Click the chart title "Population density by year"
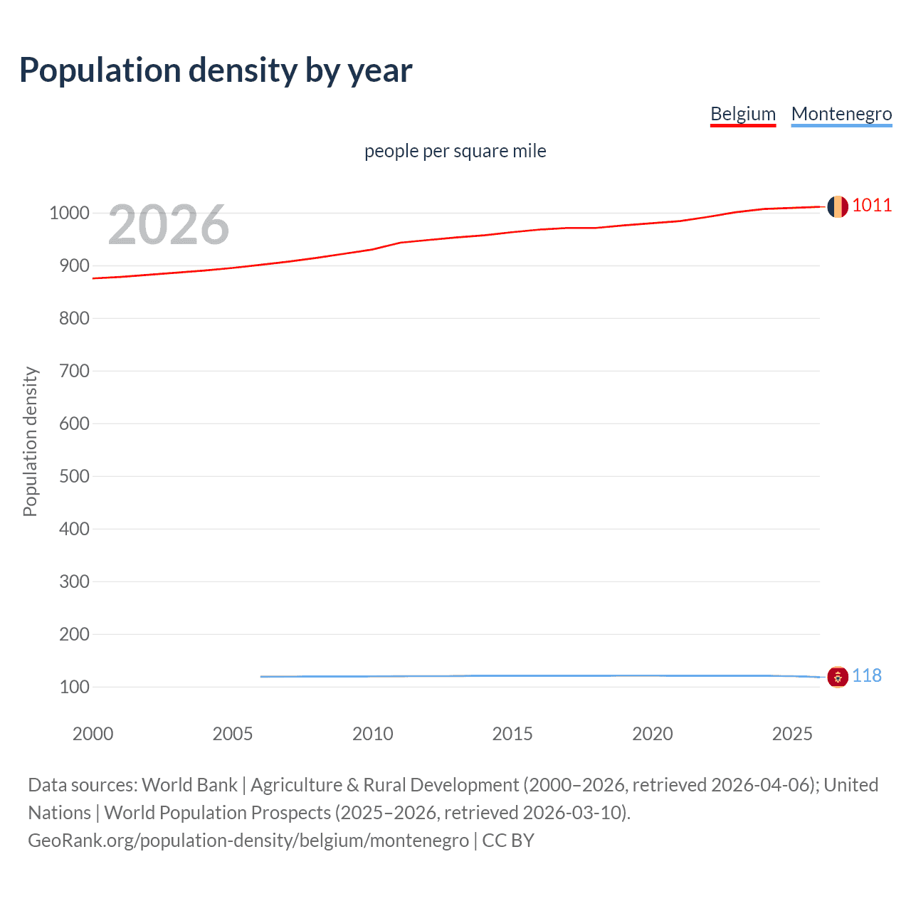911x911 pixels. point(216,70)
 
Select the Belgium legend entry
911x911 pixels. point(742,114)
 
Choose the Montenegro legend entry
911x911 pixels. point(841,114)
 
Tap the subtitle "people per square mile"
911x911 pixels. point(455,151)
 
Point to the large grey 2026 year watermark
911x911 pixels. point(169,225)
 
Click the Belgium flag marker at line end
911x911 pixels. point(837,206)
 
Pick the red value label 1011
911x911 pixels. point(871,206)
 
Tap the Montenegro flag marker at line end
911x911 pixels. point(837,676)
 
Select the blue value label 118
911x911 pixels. point(866,675)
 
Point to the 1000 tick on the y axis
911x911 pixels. point(69,213)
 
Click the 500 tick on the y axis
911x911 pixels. point(74,476)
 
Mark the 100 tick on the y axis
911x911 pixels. point(74,687)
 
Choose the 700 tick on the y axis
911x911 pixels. point(74,371)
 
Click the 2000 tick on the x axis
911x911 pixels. point(93,734)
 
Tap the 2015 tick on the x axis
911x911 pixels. point(512,734)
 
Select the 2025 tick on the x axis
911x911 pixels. point(792,734)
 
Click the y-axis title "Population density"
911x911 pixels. point(30,441)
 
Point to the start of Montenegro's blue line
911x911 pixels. point(262,676)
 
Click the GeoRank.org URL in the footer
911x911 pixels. point(248,841)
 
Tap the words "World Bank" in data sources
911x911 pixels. point(189,785)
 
